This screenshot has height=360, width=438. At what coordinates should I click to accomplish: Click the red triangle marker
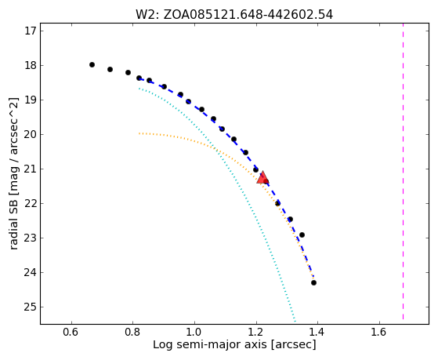(x=262, y=177)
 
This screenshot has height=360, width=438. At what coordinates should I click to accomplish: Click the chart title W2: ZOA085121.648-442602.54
(x=234, y=15)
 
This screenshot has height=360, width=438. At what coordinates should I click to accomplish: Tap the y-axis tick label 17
(x=31, y=31)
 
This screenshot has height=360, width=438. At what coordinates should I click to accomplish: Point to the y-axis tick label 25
(x=31, y=307)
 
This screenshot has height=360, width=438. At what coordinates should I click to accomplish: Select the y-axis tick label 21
(x=31, y=169)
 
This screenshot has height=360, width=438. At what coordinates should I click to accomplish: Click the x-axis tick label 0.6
(x=71, y=332)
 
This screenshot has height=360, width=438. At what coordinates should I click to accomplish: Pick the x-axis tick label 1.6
(x=379, y=332)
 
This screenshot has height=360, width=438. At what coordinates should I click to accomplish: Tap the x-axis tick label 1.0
(x=194, y=332)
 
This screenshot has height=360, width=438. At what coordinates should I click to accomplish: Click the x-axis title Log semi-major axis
(x=210, y=344)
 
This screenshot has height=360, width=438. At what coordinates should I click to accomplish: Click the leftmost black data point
(x=92, y=64)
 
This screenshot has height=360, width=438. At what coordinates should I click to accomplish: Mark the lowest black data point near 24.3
(x=313, y=283)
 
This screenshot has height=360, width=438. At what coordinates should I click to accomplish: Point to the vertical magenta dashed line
(x=403, y=171)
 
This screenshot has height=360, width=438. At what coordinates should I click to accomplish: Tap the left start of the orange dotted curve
(x=139, y=133)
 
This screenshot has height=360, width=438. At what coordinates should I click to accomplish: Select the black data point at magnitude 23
(x=302, y=235)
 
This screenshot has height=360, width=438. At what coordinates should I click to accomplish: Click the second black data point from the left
(x=110, y=69)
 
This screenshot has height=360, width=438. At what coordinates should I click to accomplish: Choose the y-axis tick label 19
(x=31, y=100)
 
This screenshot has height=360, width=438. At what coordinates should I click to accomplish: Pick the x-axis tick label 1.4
(x=317, y=332)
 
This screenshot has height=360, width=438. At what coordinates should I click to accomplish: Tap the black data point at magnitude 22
(x=277, y=203)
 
